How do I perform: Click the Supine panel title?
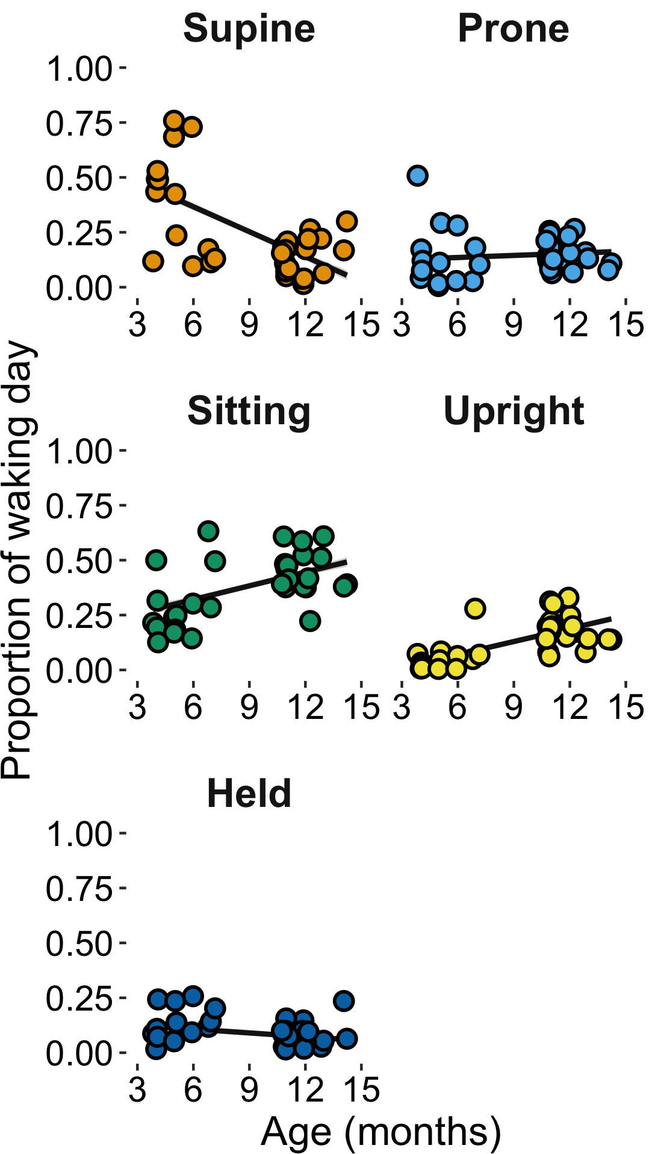[249, 28]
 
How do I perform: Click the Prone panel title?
[513, 28]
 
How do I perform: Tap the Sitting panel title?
[249, 411]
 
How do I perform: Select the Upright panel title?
[513, 411]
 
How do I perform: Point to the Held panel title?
[249, 794]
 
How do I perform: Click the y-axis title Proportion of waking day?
[16, 560]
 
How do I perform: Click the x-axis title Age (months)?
[380, 1132]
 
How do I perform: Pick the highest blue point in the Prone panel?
[417, 176]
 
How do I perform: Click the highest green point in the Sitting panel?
[208, 532]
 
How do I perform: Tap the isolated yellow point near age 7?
[475, 609]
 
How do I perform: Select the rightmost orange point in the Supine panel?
[347, 222]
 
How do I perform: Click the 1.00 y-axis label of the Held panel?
[79, 834]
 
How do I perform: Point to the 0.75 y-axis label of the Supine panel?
[79, 124]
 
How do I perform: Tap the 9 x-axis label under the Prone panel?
[513, 325]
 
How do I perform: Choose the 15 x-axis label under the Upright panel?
[626, 707]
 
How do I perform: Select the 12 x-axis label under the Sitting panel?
[305, 707]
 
